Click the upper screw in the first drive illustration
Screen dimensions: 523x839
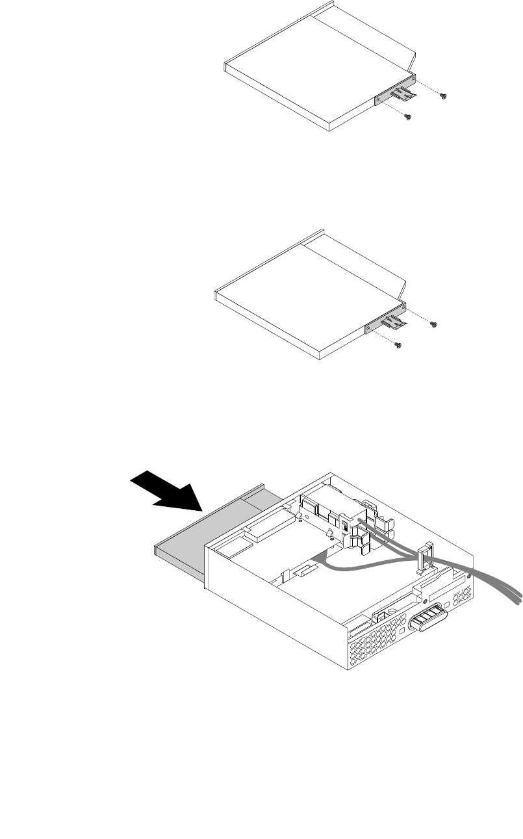[x=444, y=97]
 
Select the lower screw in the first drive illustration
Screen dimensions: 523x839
[x=407, y=118]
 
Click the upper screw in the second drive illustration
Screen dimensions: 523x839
[x=435, y=323]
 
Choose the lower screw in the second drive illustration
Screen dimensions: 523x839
[x=398, y=345]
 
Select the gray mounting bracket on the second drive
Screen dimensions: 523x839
[x=376, y=326]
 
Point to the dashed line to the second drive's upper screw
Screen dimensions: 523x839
[x=419, y=316]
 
